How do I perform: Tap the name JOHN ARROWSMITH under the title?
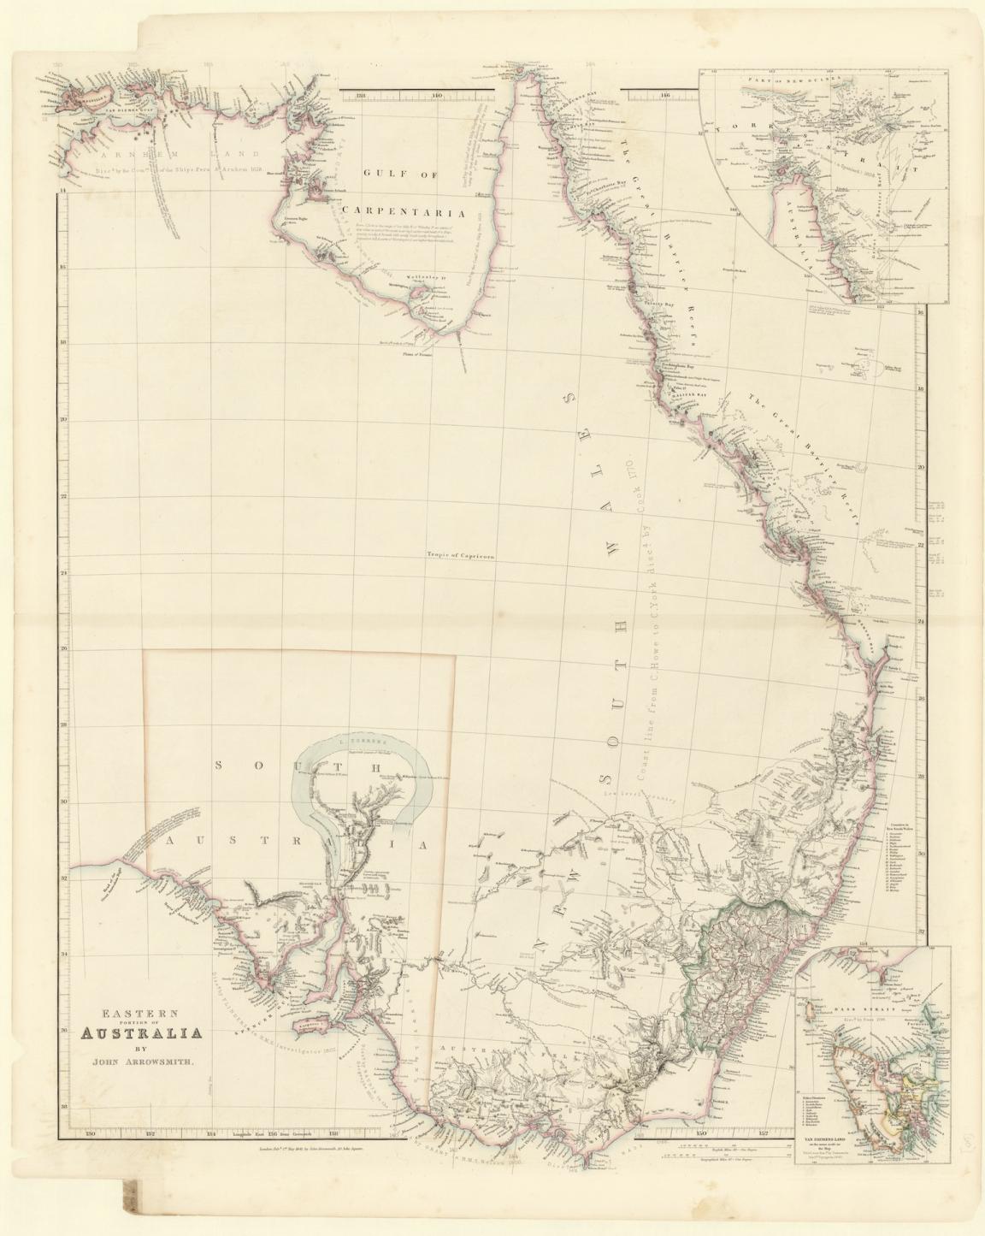tap(142, 1062)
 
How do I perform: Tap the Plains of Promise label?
tap(419, 352)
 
